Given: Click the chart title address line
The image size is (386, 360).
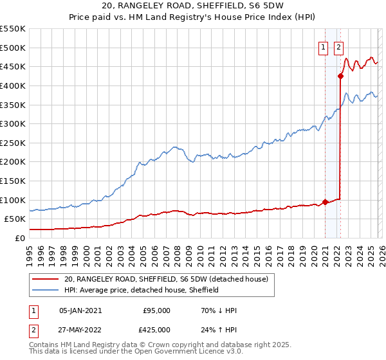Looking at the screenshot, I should (x=193, y=5).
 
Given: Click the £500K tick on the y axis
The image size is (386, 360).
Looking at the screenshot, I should (x=13, y=48).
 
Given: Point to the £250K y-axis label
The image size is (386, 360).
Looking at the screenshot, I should (x=13, y=143).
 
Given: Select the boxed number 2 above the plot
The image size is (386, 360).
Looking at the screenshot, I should (x=338, y=46).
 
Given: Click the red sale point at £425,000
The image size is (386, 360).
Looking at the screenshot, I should (x=340, y=76).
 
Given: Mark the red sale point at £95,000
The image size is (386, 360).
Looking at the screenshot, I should (x=325, y=202).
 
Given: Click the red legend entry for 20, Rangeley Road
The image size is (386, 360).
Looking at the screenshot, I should (x=170, y=279).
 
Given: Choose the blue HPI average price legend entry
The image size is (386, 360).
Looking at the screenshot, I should (x=142, y=290).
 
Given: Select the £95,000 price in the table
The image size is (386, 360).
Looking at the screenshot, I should (x=156, y=310).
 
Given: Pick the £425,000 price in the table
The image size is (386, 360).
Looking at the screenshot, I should (x=156, y=329).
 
